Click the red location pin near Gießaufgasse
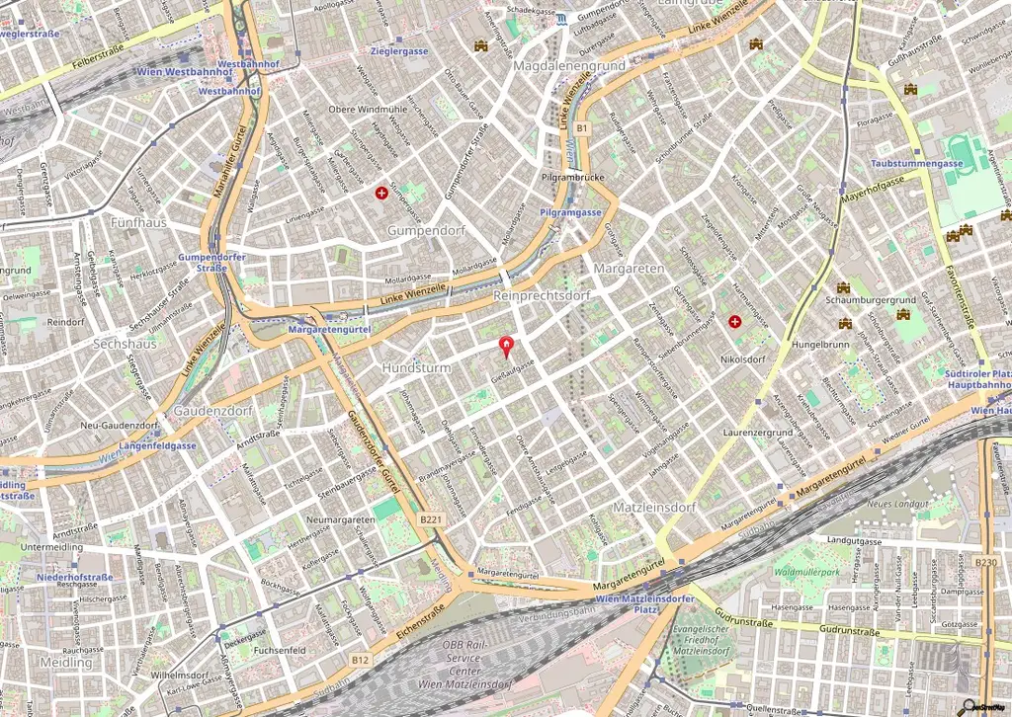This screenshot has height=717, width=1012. pyautogui.click(x=508, y=346)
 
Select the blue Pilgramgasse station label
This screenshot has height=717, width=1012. pyautogui.click(x=571, y=212)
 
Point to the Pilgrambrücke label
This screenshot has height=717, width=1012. pyautogui.click(x=572, y=178)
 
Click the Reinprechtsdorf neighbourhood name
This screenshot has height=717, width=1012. pyautogui.click(x=542, y=295)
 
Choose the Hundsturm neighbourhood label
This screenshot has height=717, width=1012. pyautogui.click(x=415, y=367)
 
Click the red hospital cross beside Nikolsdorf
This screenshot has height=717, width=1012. pyautogui.click(x=734, y=322)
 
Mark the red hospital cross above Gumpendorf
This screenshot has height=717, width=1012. pyautogui.click(x=380, y=194)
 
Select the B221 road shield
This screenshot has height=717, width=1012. pyautogui.click(x=430, y=518)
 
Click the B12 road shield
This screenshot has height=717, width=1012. pyautogui.click(x=361, y=659)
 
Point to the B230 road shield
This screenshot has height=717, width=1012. pyautogui.click(x=985, y=562)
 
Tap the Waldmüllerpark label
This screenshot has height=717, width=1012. pyautogui.click(x=806, y=572)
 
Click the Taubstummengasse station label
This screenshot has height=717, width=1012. pyautogui.click(x=917, y=163)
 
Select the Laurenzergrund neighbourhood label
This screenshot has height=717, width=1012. pyautogui.click(x=758, y=433)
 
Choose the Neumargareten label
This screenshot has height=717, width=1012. pyautogui.click(x=340, y=519)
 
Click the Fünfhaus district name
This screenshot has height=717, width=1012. pyautogui.click(x=138, y=222)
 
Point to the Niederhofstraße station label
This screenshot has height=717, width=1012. pyautogui.click(x=73, y=576)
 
